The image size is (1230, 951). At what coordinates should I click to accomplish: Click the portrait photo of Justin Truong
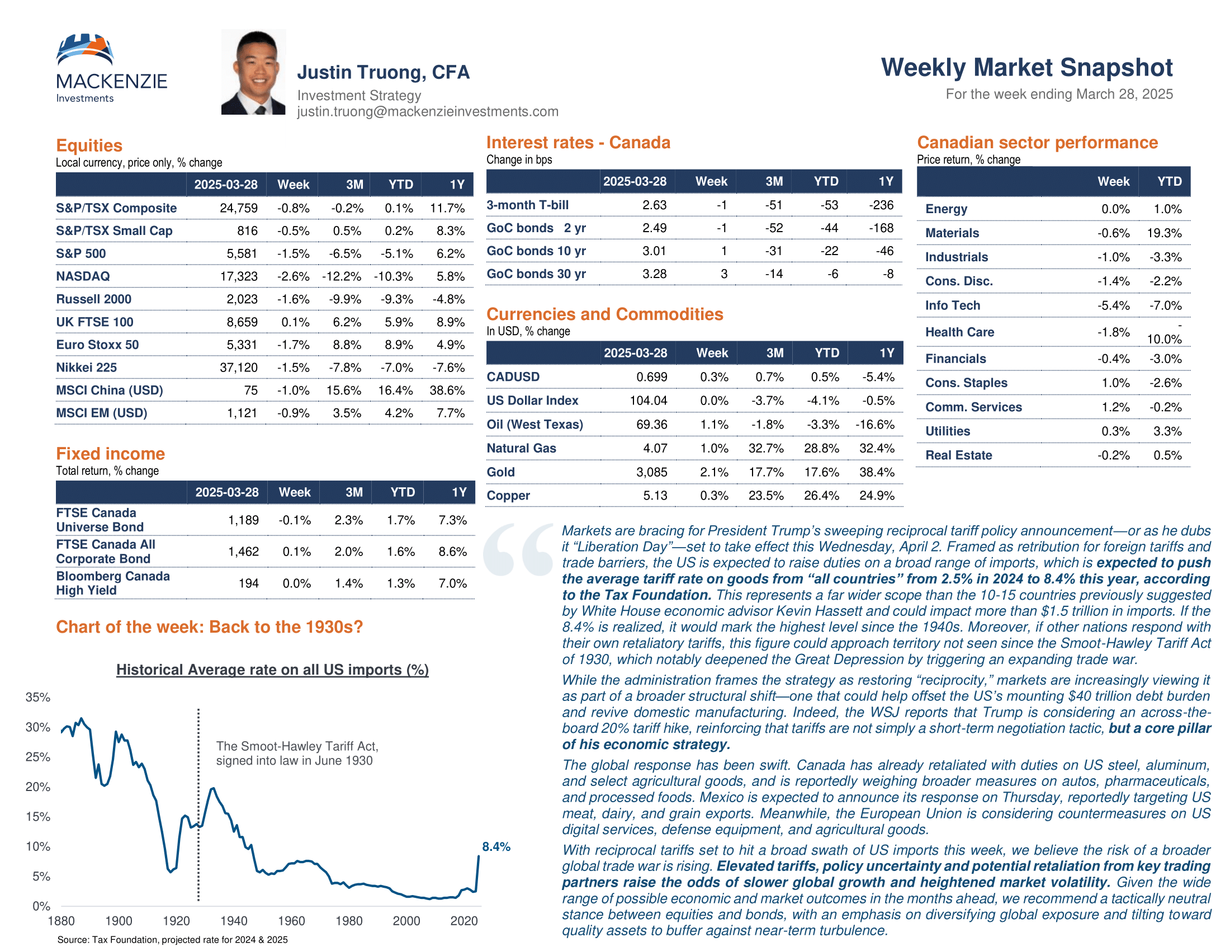tap(253, 72)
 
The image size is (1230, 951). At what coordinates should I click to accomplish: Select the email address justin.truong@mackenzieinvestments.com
tap(428, 111)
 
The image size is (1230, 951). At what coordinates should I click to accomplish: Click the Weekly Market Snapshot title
tap(1026, 68)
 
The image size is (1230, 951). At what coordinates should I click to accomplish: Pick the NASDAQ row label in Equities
tap(83, 276)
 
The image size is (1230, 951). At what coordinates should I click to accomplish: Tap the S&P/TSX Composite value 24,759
tap(239, 209)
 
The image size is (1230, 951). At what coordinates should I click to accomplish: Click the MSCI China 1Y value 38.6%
tap(447, 390)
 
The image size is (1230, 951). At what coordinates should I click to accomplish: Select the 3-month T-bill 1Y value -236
tap(881, 205)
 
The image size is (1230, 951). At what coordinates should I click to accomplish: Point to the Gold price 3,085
tap(651, 472)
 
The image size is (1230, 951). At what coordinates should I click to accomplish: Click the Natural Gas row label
tap(521, 449)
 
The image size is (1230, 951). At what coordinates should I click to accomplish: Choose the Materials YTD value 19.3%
tap(1164, 233)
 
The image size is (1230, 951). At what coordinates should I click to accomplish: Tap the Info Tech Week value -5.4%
tap(1113, 305)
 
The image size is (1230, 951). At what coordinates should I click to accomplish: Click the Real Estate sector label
tap(958, 455)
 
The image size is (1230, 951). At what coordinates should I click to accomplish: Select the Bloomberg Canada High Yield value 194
tap(248, 583)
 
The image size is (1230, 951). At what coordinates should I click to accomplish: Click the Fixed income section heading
tap(110, 454)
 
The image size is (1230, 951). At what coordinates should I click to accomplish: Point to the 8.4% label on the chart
tap(496, 847)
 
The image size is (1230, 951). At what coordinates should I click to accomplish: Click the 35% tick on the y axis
tap(37, 698)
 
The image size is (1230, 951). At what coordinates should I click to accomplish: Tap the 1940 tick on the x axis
tap(234, 921)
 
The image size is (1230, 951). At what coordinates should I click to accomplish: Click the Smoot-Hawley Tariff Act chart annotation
tap(297, 754)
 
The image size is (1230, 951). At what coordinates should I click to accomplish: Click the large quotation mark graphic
tap(519, 549)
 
